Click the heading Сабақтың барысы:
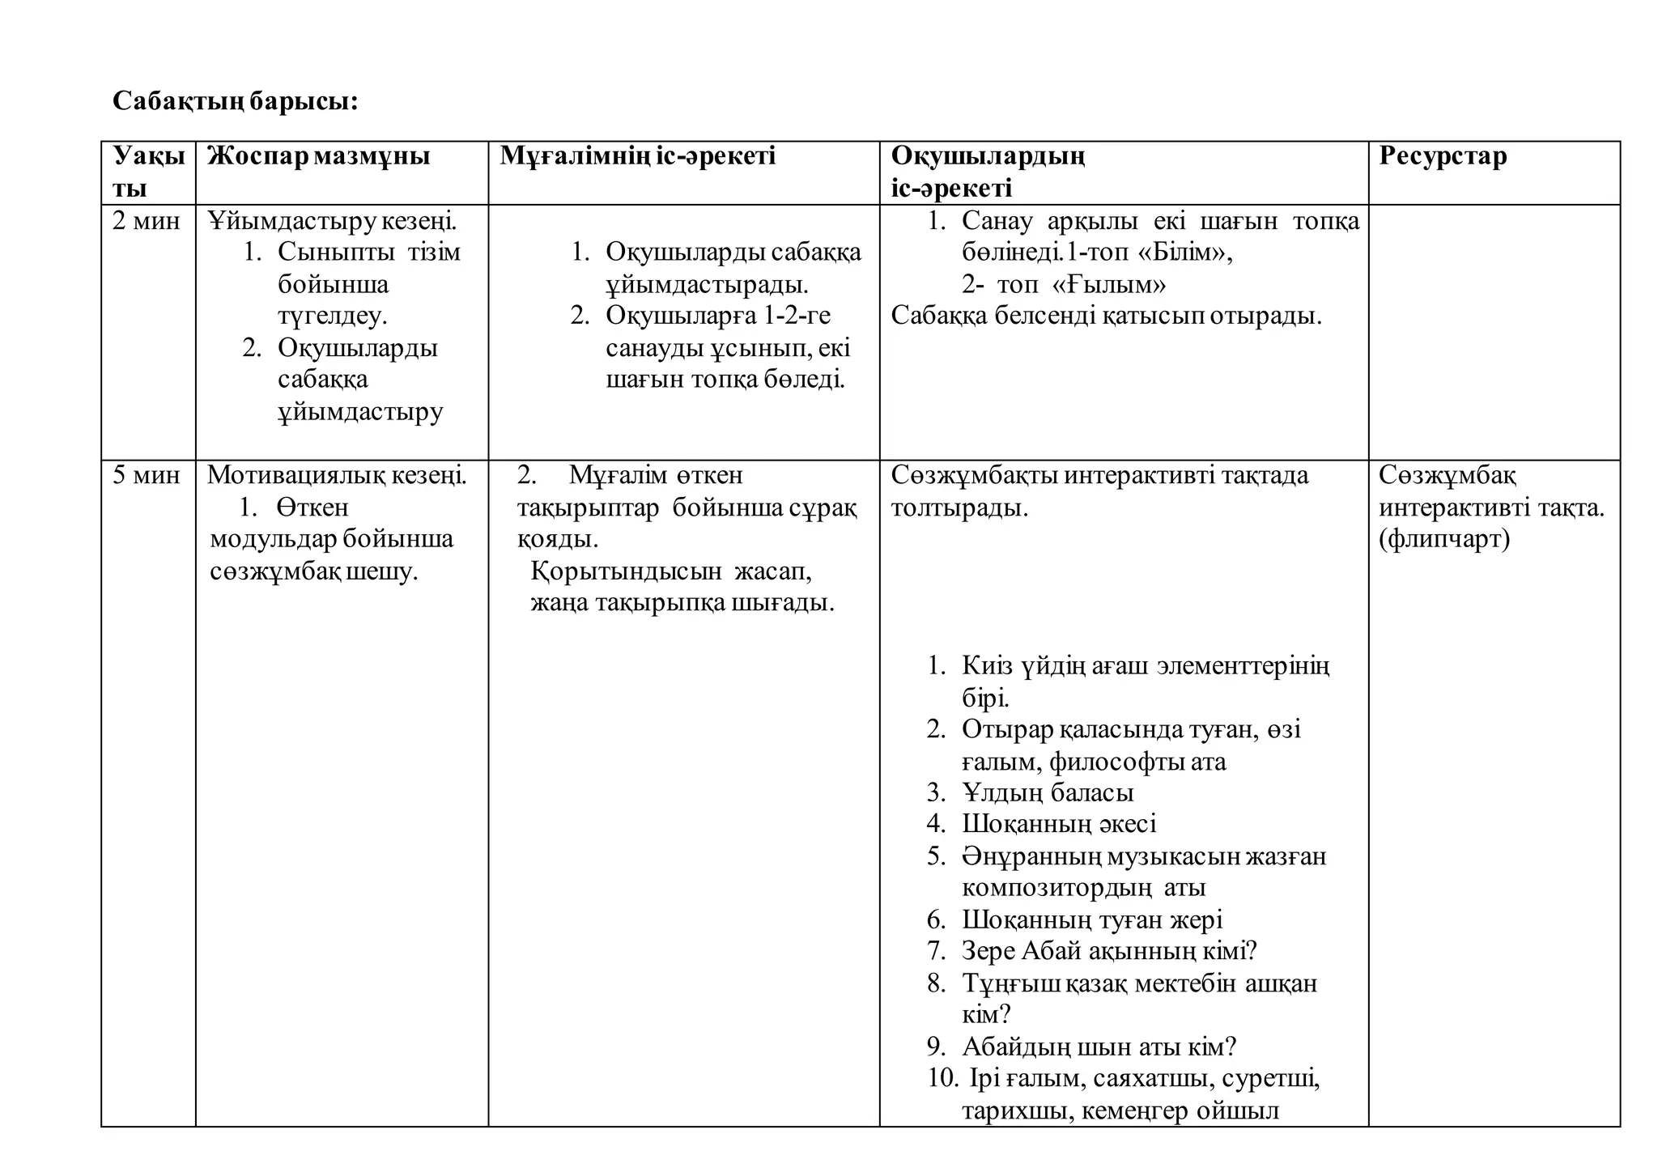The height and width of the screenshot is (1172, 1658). click(235, 101)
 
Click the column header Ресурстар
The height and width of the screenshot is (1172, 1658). click(1443, 155)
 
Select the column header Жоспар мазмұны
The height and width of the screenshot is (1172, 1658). click(318, 155)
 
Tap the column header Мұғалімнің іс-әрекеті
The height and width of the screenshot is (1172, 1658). click(637, 155)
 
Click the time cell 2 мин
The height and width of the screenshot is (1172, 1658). click(147, 220)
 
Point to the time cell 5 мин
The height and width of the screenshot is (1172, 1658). click(147, 475)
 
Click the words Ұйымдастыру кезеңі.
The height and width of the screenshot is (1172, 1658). click(332, 220)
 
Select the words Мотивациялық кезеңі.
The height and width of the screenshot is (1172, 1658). click(337, 475)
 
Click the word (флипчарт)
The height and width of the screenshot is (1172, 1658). click(1444, 539)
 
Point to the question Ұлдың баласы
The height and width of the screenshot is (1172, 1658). click(1048, 792)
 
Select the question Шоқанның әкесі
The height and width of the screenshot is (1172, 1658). click(1059, 824)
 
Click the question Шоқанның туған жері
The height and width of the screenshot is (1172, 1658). click(1092, 919)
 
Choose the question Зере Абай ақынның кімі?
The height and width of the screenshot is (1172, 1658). click(1109, 951)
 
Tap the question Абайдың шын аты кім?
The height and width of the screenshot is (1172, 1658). click(1099, 1047)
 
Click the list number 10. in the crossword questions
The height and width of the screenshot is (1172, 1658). click(942, 1079)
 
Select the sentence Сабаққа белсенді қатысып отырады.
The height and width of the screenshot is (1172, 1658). click(1106, 316)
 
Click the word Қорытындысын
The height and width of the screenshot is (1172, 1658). click(626, 571)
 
